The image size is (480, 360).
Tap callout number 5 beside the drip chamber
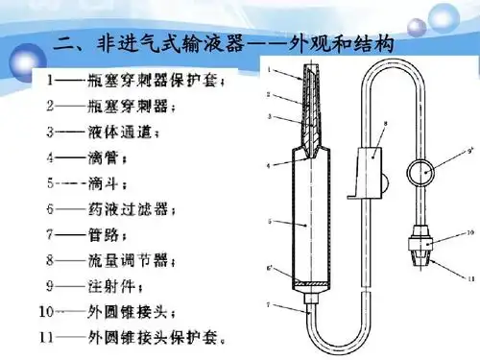(270, 222)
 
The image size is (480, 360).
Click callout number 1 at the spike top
(271, 69)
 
